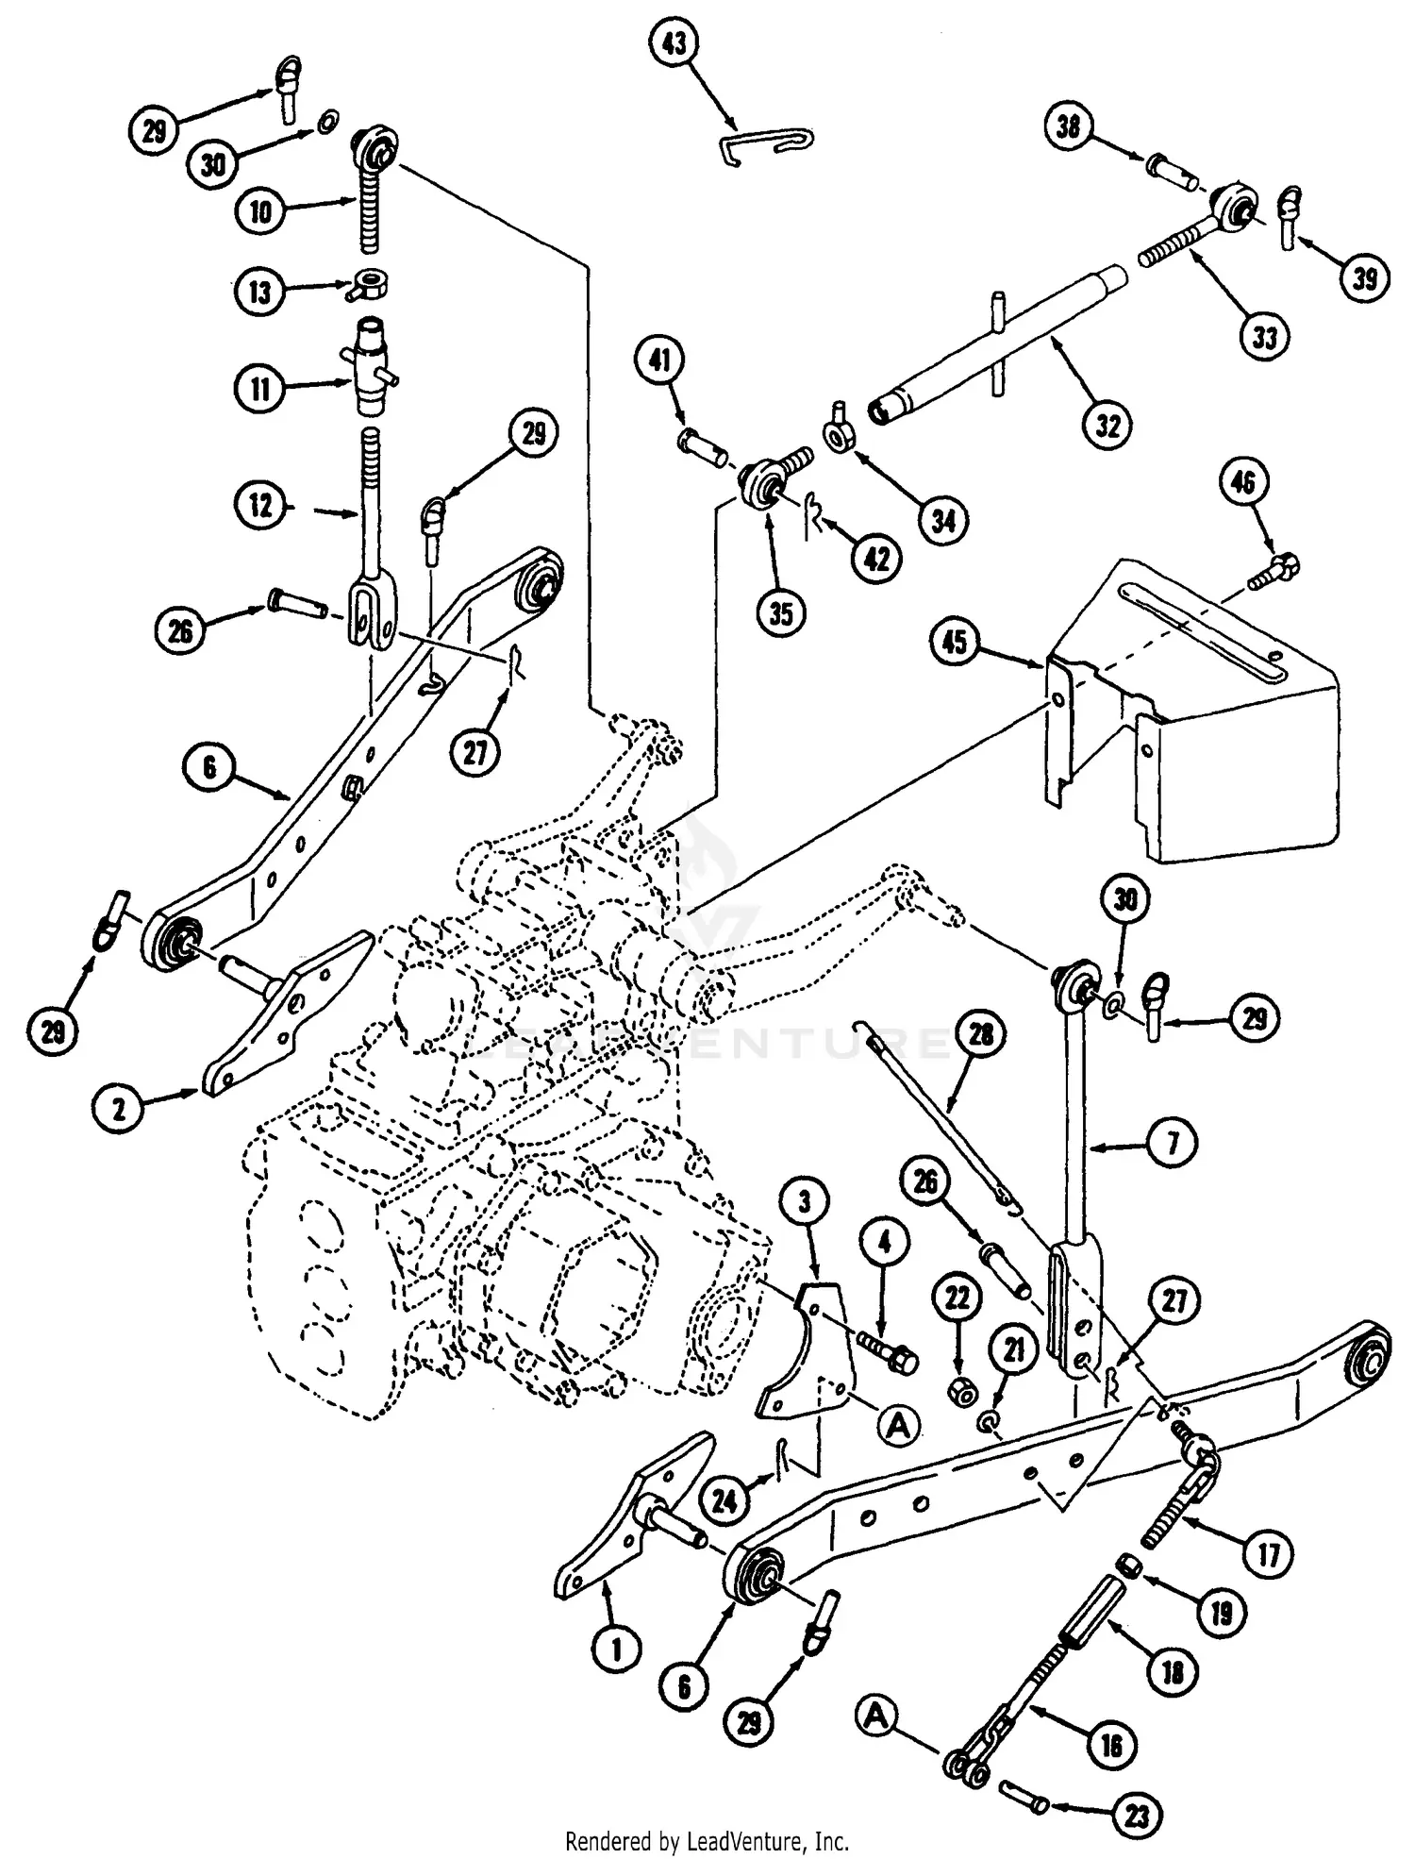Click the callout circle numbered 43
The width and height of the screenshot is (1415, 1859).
675,45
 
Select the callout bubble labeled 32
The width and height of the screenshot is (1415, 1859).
1107,426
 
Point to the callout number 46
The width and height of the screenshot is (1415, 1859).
1242,483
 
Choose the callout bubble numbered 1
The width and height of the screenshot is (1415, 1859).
617,1650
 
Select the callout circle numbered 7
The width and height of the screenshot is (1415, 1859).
1172,1143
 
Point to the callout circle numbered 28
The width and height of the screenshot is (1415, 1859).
981,1035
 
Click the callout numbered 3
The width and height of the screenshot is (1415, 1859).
806,1202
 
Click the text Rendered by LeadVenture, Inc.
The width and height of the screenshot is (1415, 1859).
707,1841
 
